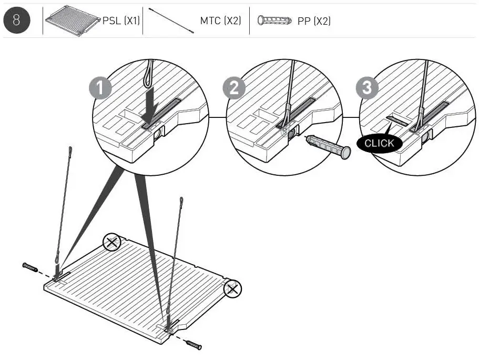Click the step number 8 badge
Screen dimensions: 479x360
coord(17,21)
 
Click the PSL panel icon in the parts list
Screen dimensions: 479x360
coord(73,21)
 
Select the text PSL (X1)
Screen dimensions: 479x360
coord(121,21)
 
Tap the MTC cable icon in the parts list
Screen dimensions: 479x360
coord(171,20)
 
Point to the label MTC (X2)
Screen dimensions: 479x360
coord(220,21)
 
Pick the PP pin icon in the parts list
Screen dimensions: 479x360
coord(274,21)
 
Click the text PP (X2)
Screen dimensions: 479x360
coord(314,21)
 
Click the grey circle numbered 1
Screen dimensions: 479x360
coord(100,88)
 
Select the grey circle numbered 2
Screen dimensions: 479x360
coord(234,88)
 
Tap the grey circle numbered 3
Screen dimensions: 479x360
coord(367,88)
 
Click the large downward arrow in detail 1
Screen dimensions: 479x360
coord(150,105)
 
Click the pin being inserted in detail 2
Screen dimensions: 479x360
coord(328,146)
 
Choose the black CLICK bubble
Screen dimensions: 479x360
coord(380,143)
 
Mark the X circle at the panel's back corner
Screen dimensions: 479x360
coord(112,242)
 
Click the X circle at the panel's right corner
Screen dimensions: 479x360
coord(233,289)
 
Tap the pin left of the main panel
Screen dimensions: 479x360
coord(30,267)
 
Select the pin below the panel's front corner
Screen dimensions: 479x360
coord(193,345)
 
